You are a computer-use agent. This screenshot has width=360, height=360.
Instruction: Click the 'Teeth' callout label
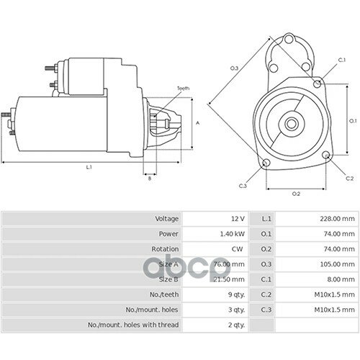[183, 89]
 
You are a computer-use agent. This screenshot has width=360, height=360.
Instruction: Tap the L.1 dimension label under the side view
[89, 167]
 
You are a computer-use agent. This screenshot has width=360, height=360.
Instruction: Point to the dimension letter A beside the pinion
[198, 123]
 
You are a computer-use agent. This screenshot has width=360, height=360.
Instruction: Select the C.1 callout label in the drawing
[342, 60]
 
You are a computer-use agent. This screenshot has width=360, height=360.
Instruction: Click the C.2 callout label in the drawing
[350, 179]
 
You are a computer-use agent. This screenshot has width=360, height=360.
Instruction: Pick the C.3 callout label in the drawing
[243, 186]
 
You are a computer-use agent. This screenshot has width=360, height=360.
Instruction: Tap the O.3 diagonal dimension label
[234, 68]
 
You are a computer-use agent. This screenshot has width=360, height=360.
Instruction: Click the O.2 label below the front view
[296, 194]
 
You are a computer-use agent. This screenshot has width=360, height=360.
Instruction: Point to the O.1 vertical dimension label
[353, 121]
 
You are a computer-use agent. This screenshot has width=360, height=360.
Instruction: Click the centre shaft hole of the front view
[292, 124]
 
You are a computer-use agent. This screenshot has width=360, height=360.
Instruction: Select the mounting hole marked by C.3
[266, 163]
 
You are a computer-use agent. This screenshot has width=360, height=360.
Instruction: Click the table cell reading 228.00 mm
[337, 219]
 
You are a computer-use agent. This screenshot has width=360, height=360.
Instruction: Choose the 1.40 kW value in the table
[233, 234]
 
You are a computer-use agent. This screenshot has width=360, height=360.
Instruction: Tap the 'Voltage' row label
[167, 219]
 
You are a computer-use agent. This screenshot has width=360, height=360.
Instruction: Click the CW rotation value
[237, 249]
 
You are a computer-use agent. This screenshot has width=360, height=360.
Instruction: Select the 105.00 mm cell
[337, 264]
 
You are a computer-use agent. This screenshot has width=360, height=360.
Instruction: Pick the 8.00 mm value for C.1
[341, 279]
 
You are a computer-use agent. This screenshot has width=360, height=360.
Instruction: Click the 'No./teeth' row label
[164, 294]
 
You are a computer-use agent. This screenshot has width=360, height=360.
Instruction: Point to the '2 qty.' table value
[236, 325]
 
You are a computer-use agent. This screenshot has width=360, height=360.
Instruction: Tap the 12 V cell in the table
[238, 219]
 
